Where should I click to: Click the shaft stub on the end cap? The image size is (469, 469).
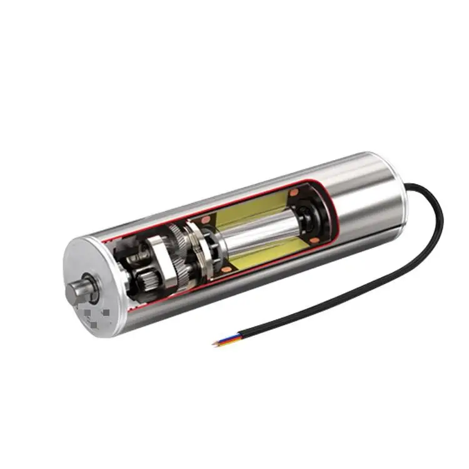[x=80, y=290]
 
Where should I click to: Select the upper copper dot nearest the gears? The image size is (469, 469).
[x=206, y=220]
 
